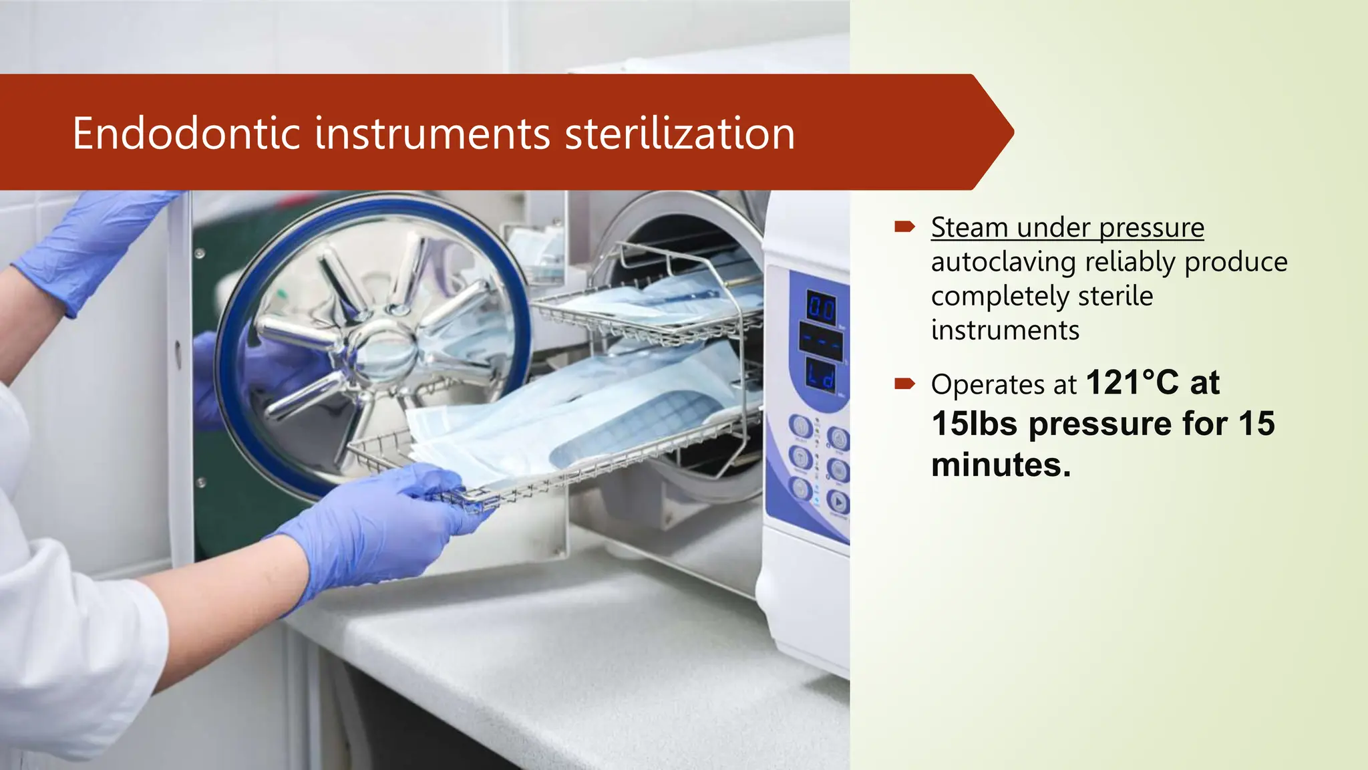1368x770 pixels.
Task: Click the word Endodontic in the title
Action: pos(186,133)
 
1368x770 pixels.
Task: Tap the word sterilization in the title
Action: pos(680,133)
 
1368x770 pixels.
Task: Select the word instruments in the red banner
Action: pos(432,133)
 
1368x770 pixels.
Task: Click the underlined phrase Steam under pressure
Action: pos(1067,227)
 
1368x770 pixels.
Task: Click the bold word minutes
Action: pos(1001,465)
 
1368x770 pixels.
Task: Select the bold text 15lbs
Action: pos(975,424)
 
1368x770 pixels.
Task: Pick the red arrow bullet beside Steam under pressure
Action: pos(904,227)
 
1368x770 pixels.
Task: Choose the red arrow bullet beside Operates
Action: pos(904,384)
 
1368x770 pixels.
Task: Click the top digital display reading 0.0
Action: pos(821,308)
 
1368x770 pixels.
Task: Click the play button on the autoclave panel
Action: pos(838,502)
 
